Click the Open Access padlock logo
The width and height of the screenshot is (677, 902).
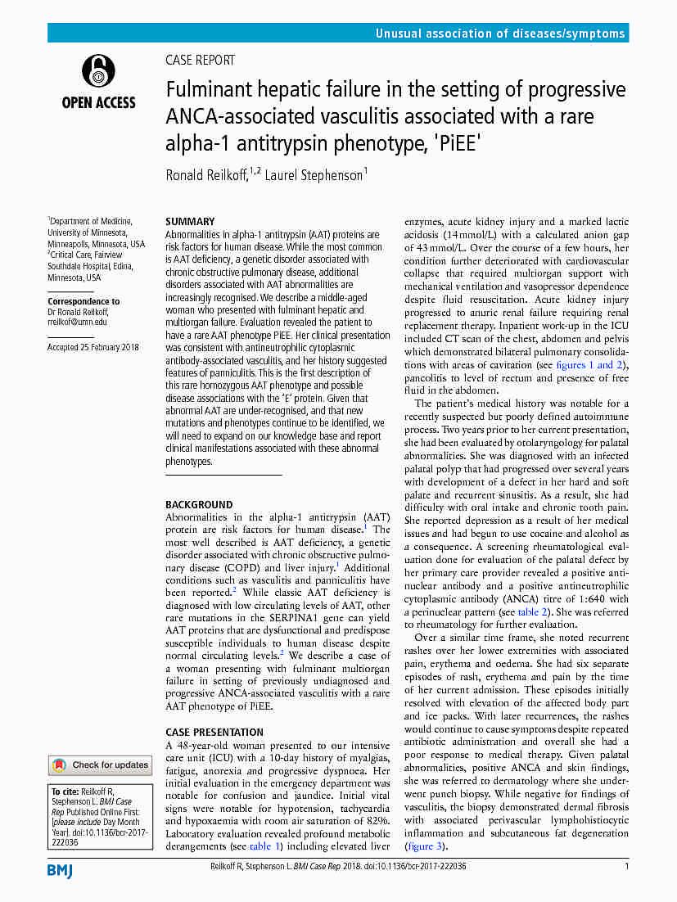98,73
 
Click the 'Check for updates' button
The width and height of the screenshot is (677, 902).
100,765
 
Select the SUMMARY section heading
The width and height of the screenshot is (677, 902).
190,221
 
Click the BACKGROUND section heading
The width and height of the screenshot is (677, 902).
199,505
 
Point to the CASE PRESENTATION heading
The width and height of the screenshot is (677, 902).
214,732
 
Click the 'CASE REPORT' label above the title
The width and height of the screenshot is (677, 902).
200,60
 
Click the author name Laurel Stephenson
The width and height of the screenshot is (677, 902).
314,174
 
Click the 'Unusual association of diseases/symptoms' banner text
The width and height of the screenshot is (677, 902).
500,34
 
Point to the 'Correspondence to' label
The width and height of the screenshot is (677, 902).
83,301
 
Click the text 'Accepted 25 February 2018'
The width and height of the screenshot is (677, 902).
93,347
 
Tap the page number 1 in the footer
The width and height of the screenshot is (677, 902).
626,866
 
